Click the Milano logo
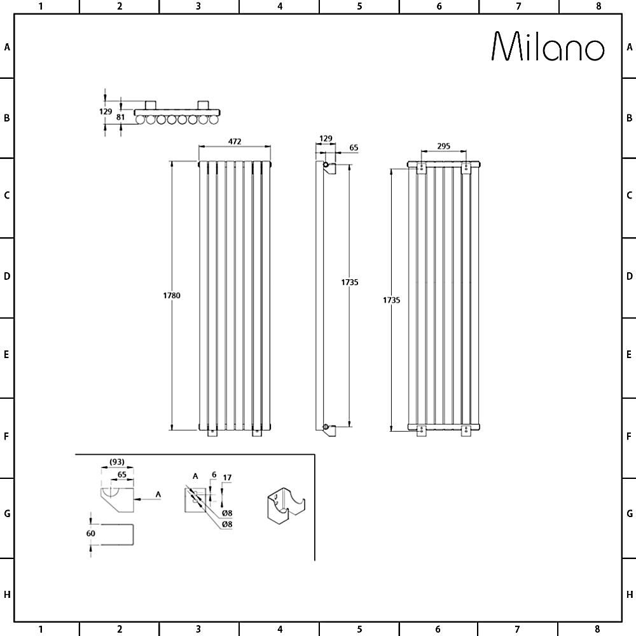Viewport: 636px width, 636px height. point(548,46)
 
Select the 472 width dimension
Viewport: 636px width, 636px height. point(235,141)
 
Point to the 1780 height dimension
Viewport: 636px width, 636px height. point(172,295)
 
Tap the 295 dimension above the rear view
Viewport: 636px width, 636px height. point(443,146)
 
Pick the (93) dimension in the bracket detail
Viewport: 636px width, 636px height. point(116,461)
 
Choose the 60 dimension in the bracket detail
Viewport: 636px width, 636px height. point(91,533)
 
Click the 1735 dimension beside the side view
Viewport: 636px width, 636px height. point(349,282)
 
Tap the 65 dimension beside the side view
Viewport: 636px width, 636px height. point(354,148)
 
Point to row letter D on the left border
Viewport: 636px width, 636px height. point(7,277)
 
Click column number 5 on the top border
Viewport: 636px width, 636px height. point(359,6)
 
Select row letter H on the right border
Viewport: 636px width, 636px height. point(629,595)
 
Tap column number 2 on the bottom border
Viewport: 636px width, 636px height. point(120,630)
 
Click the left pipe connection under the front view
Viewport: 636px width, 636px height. point(212,433)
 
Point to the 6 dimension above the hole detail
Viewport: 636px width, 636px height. point(214,474)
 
